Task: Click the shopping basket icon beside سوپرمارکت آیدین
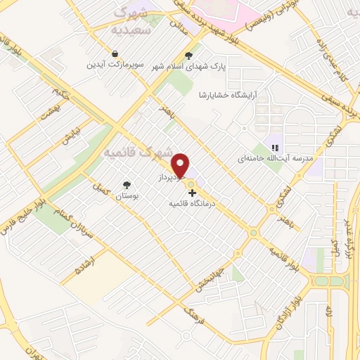[115, 53]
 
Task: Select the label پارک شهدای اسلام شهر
[188, 67]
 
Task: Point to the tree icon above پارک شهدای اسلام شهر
[188, 55]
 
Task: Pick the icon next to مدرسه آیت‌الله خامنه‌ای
[276, 148]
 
